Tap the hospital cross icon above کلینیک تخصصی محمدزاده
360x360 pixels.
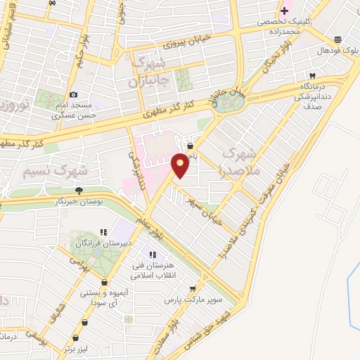click(284, 10)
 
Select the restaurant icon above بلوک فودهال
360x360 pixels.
click(338, 39)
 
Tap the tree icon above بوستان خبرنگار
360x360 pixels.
click(79, 190)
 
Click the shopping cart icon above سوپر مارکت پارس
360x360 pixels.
click(192, 288)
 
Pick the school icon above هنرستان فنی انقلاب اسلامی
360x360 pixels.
click(150, 255)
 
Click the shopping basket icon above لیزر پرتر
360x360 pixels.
click(85, 322)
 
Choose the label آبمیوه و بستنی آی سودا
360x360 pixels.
click(108, 296)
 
